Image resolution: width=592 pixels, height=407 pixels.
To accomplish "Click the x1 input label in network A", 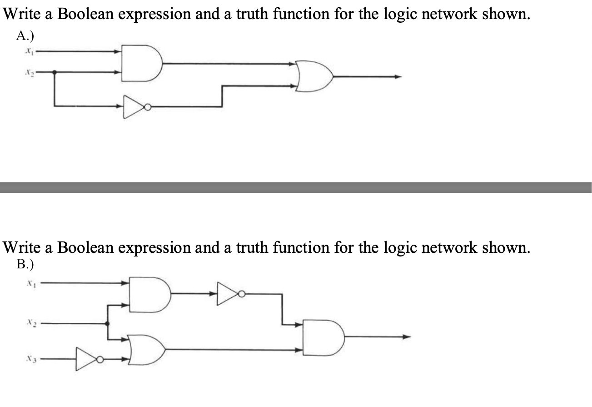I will (x=27, y=51).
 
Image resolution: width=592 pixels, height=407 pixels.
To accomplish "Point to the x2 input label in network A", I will (x=27, y=72).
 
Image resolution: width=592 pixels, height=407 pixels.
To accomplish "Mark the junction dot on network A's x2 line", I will (x=55, y=72).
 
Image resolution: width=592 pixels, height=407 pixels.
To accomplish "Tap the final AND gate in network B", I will (x=324, y=337).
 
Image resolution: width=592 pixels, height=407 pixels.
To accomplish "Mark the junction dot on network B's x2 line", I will (x=108, y=324).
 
